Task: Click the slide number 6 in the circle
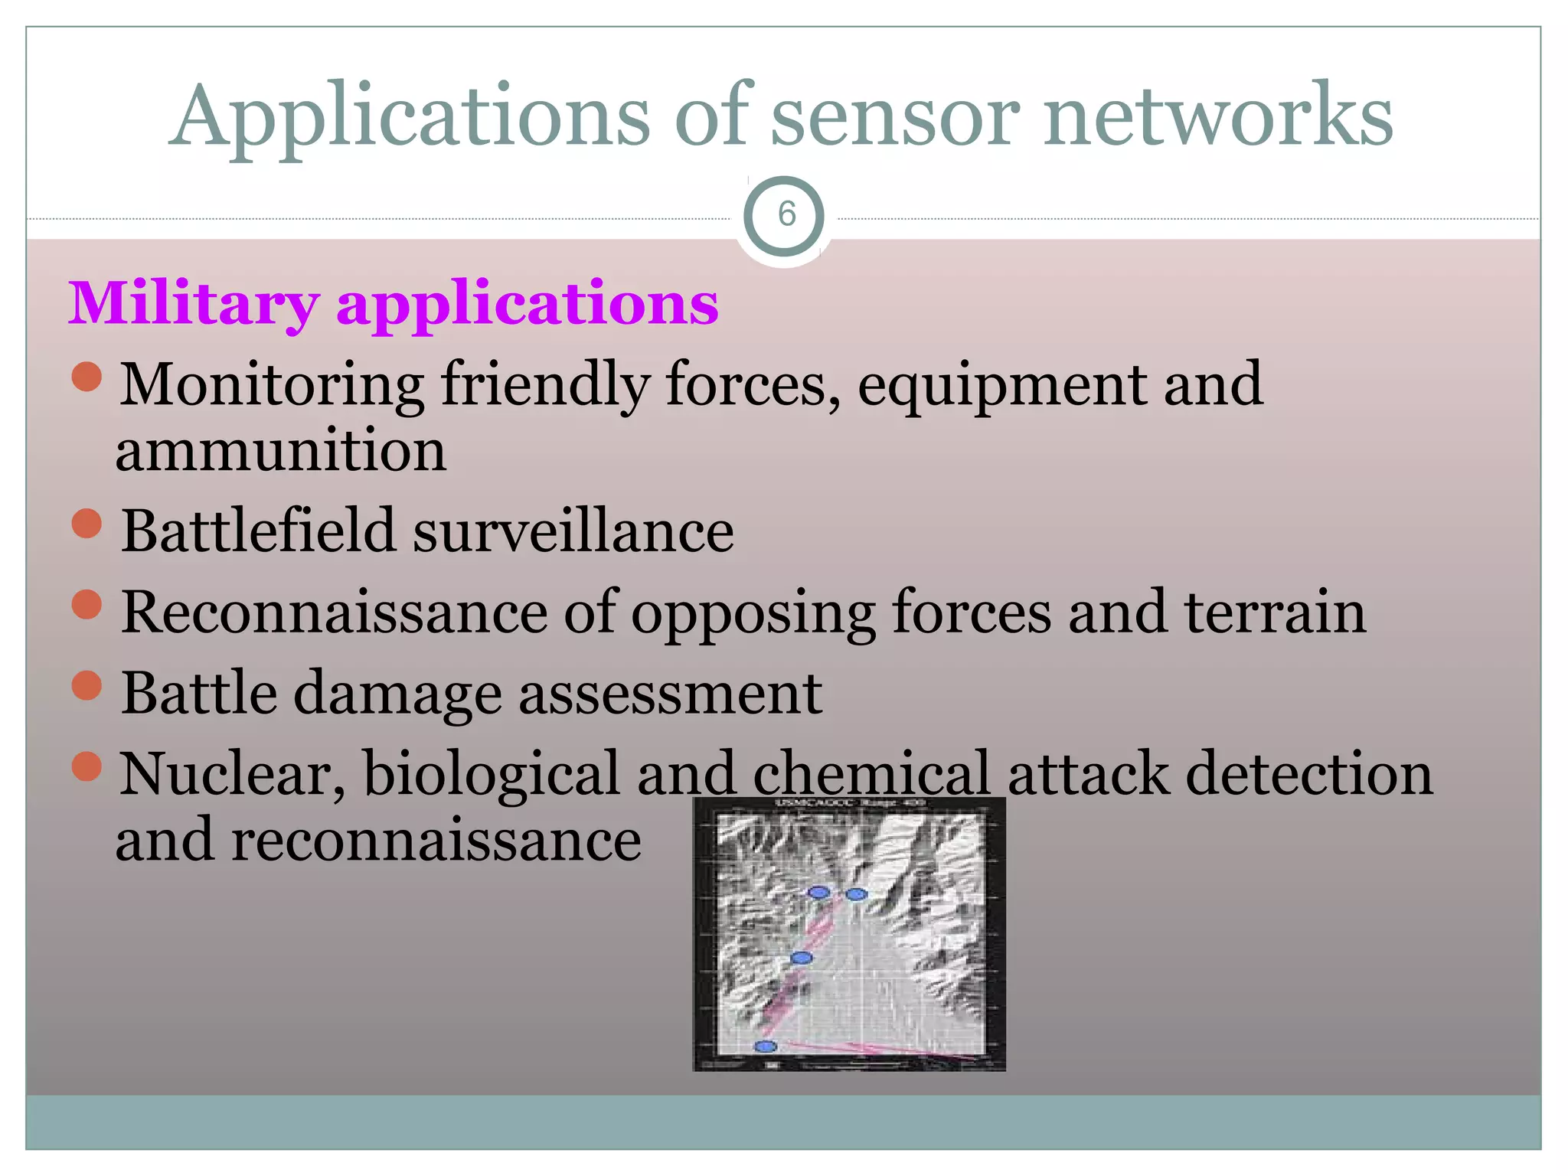point(786,214)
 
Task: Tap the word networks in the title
point(1217,116)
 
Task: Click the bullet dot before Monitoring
point(87,377)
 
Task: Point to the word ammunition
point(280,451)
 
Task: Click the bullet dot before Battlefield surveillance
point(87,524)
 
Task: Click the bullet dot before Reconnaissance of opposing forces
point(87,604)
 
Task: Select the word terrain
point(1275,612)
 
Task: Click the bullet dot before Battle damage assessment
point(87,686)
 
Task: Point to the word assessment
point(671,694)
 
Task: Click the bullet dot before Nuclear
point(87,766)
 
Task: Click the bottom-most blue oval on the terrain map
point(766,1046)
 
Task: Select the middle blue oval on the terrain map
point(801,958)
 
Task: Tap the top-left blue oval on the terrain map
point(819,892)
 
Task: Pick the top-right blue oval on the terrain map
point(856,894)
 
